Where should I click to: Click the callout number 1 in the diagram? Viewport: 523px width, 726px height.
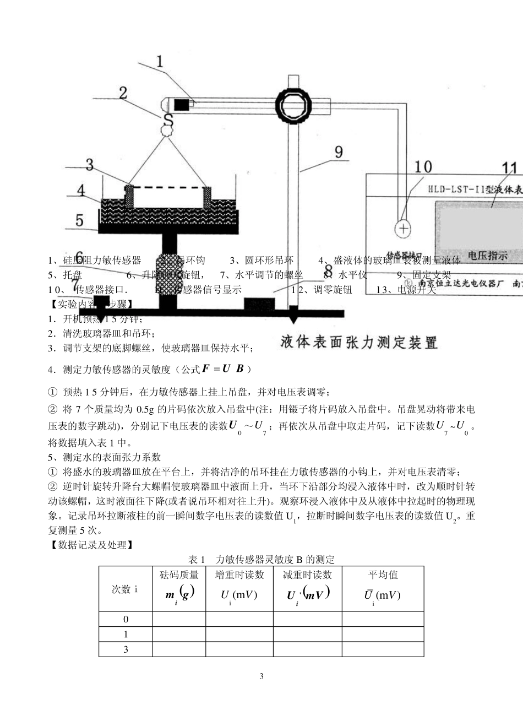[160, 61]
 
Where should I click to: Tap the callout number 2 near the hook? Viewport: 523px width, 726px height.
[123, 92]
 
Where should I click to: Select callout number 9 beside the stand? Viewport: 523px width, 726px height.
[338, 151]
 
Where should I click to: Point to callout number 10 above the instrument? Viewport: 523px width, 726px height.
[423, 167]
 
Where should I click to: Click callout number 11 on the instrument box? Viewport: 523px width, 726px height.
[509, 169]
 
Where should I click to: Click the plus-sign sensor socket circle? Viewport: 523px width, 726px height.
[404, 228]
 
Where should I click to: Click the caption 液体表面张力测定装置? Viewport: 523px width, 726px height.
[359, 342]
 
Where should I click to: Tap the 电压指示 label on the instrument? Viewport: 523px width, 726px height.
[487, 256]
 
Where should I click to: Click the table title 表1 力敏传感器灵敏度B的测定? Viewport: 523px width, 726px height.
[261, 560]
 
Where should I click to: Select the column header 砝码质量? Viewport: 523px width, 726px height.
[179, 575]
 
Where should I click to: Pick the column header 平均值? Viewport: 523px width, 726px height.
[383, 575]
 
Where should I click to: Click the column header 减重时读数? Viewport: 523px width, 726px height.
[307, 575]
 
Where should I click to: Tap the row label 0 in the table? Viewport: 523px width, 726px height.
[126, 619]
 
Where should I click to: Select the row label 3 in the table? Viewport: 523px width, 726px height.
[126, 649]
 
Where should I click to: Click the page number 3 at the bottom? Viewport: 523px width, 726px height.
[261, 676]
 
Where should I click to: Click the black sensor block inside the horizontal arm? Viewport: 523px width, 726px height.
[181, 104]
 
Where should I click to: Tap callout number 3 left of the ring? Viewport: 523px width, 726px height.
[89, 164]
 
